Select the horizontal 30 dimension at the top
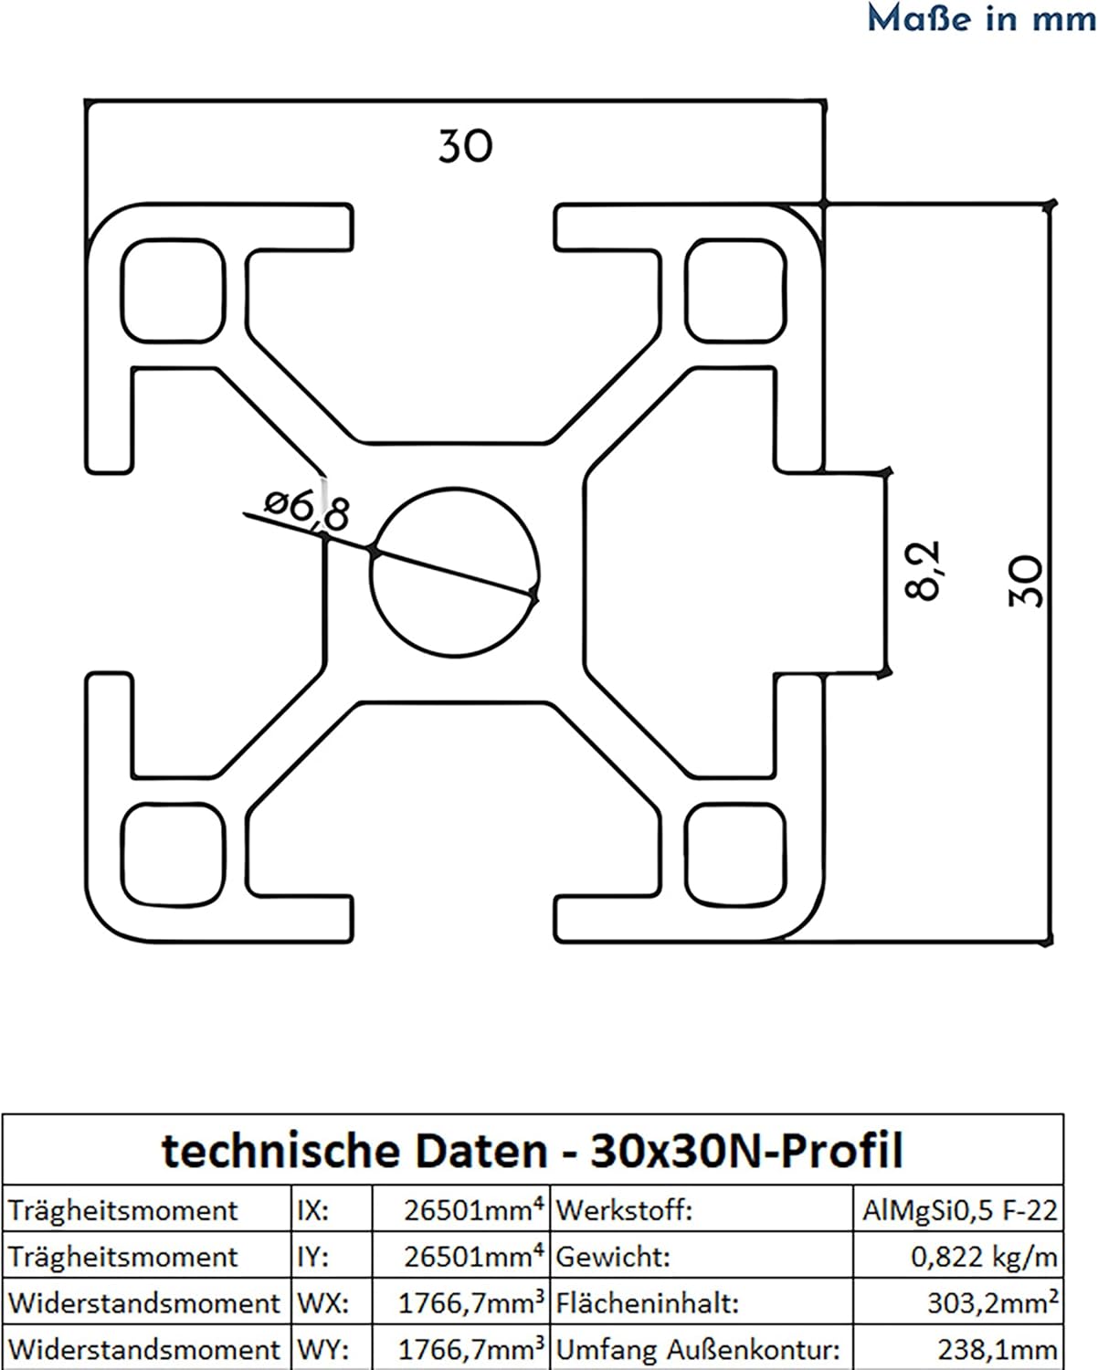click(466, 146)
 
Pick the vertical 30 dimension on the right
click(1026, 581)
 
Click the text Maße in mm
click(982, 18)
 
